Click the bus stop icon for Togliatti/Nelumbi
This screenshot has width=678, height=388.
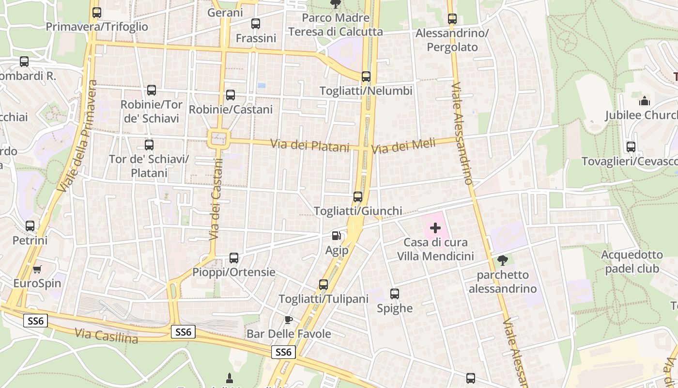coord(366,76)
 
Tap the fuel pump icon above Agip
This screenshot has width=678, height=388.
coord(336,236)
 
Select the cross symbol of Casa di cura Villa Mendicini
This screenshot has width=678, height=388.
coord(435,227)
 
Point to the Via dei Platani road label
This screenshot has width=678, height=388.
coord(310,145)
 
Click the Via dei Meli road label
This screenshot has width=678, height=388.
coord(403,145)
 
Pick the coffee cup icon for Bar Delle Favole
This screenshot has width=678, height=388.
coord(289,319)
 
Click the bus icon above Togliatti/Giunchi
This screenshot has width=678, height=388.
coord(358,196)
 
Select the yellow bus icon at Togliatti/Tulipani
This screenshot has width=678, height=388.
coord(324,284)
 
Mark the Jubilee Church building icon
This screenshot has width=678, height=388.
coord(645,101)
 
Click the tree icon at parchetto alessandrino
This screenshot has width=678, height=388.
coord(503,260)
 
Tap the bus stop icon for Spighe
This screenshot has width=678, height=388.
coord(395,293)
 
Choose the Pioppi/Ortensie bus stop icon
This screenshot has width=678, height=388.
coord(234,258)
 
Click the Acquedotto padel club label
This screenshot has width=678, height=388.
coord(632,261)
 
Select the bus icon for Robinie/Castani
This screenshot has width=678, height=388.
coord(231,95)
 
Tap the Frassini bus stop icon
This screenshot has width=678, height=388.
coord(256,23)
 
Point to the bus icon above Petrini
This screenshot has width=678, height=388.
coord(30,226)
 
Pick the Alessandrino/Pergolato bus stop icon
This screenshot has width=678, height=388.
coord(452,19)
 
